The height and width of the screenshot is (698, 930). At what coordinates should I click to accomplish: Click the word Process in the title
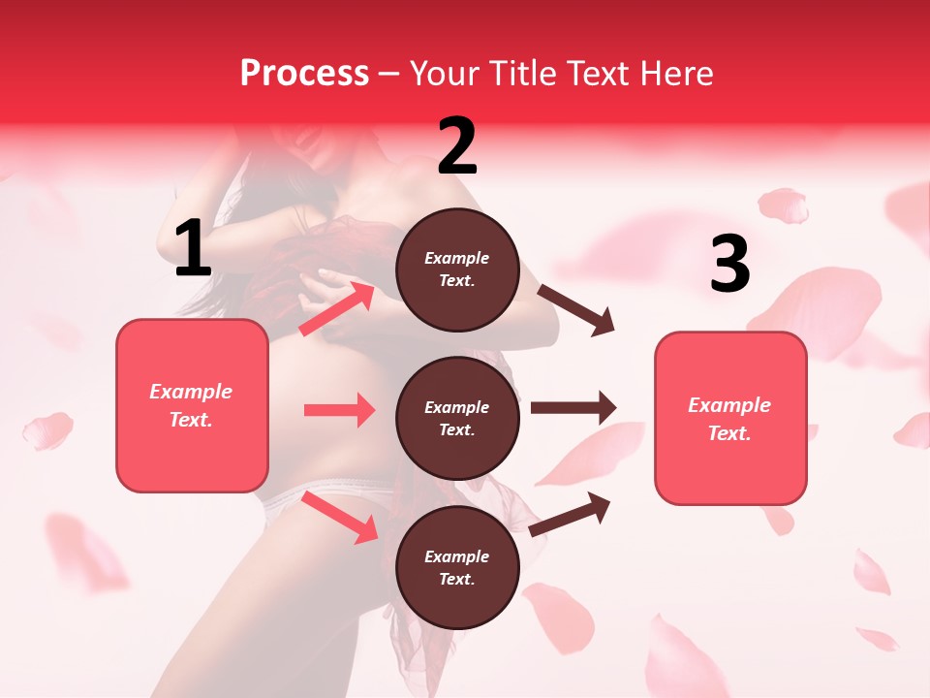304,74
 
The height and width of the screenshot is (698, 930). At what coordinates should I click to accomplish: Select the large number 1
193,249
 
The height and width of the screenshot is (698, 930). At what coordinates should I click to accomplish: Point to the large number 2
457,146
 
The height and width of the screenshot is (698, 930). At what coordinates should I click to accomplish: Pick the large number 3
729,265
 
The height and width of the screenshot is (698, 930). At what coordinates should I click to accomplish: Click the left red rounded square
192,405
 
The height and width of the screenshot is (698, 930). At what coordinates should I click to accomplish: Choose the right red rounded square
730,418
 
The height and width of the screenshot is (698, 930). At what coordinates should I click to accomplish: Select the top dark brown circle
457,270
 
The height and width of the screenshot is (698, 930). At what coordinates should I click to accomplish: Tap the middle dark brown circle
457,418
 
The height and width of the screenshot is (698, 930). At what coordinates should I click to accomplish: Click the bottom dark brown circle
457,567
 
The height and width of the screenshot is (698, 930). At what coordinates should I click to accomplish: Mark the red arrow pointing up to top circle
337,307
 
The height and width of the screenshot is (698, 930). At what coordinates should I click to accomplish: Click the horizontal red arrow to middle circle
339,410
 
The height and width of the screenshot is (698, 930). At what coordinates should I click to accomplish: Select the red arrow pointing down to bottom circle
340,517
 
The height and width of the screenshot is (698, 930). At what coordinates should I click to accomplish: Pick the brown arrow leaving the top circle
576,309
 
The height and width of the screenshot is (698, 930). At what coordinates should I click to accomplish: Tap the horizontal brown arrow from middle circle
573,407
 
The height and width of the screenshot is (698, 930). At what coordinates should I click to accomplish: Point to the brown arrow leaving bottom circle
571,513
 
